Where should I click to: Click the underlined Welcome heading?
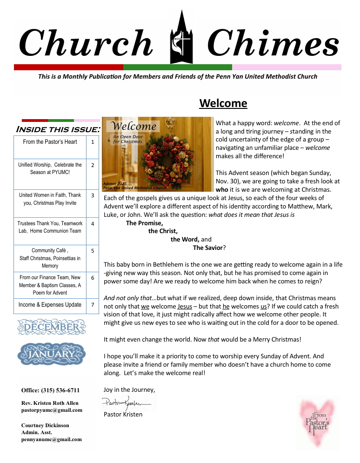click(x=223, y=103)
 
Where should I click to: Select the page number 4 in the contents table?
click(x=93, y=223)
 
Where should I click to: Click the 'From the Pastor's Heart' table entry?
click(x=50, y=142)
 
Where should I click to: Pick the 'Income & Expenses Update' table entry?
click(x=50, y=305)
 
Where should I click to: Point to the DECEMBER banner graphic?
click(x=51, y=327)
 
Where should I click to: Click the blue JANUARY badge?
click(x=51, y=355)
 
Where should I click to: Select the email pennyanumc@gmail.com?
click(x=51, y=439)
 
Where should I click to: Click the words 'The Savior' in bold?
click(x=208, y=248)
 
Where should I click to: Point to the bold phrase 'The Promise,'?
click(x=144, y=222)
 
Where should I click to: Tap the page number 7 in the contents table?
click(x=93, y=305)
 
